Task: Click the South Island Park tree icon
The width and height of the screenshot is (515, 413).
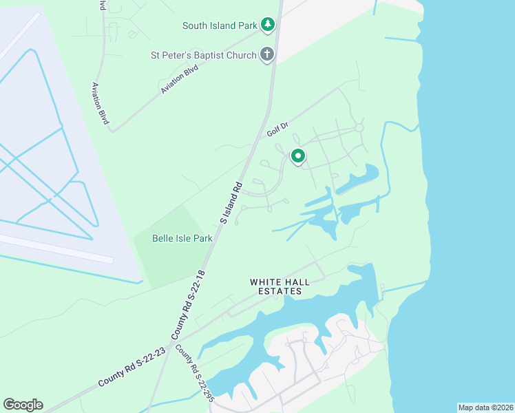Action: [267, 25]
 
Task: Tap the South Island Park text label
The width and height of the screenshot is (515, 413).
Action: [219, 26]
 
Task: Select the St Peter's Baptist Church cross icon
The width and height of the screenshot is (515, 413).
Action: [267, 54]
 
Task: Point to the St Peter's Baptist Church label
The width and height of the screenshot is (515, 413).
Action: [203, 54]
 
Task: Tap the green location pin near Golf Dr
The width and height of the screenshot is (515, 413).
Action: [297, 156]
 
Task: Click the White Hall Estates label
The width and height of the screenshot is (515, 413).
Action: [276, 286]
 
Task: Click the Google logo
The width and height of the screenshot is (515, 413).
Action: [23, 405]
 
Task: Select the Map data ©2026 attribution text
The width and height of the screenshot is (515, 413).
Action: [485, 407]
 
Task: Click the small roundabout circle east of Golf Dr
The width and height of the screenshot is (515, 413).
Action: [359, 128]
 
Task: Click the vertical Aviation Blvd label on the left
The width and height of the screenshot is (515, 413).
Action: [101, 103]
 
